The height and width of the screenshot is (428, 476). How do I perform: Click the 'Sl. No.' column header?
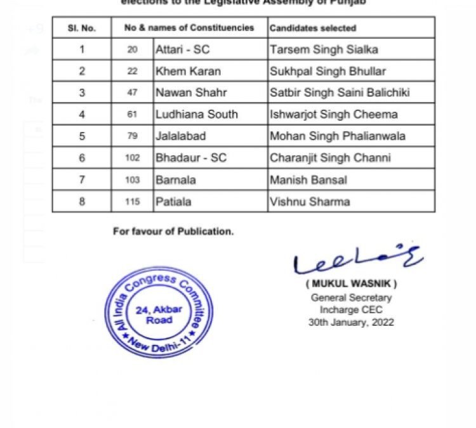(x=81, y=28)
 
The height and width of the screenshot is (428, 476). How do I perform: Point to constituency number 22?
(x=132, y=71)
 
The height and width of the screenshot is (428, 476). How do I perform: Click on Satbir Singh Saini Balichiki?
(x=340, y=93)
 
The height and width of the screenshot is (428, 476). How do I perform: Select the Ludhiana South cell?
(x=197, y=114)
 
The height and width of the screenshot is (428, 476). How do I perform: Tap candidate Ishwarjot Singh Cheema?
(x=334, y=114)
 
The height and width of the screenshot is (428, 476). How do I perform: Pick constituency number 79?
(x=132, y=136)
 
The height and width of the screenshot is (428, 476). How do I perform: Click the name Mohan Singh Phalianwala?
(x=338, y=136)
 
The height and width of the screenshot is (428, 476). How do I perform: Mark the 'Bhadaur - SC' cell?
(x=190, y=158)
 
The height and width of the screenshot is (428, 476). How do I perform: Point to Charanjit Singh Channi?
(x=330, y=158)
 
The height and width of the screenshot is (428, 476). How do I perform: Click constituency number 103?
(x=132, y=179)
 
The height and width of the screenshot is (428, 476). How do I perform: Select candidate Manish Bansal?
(x=308, y=179)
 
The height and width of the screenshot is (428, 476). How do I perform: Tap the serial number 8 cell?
(x=82, y=202)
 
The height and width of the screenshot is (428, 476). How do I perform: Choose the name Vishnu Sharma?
(x=310, y=202)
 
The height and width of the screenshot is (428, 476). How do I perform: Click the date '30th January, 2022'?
(x=351, y=321)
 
